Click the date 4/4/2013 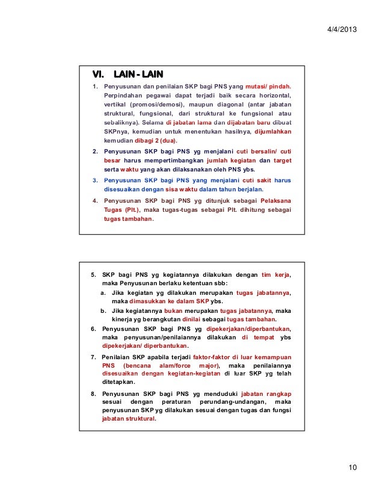342,29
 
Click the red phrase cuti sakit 257,179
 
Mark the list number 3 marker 94,179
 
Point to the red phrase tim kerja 276,274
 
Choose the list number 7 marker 93,357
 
